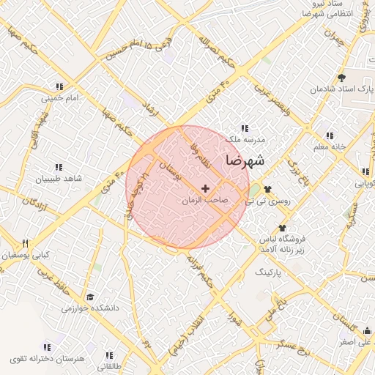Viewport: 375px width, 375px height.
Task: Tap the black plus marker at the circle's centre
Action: coord(205,189)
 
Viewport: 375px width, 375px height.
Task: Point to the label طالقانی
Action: coord(109,365)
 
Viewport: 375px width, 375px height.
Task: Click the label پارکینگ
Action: coord(267,271)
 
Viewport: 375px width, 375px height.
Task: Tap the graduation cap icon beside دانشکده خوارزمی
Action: coord(90,297)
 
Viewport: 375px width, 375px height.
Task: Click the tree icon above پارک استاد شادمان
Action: coord(341,77)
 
